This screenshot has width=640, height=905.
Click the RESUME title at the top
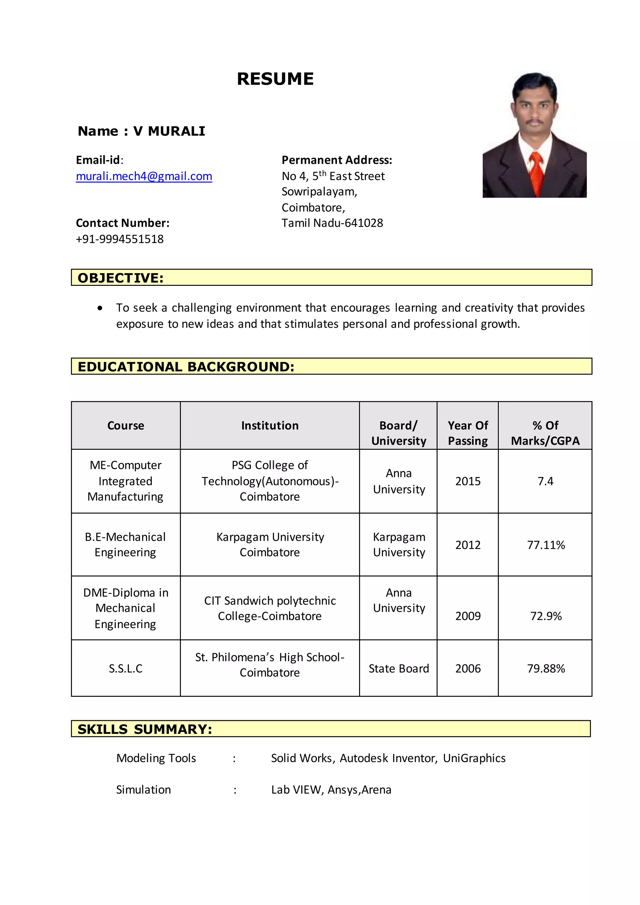coord(275,79)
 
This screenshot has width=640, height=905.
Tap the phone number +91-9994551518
coord(119,239)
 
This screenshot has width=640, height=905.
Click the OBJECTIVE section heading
coord(120,278)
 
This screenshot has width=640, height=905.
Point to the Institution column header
coord(270,426)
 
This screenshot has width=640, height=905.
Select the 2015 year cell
coord(468,481)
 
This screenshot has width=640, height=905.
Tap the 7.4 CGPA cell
coord(545,481)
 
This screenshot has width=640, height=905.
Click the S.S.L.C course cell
coord(125,668)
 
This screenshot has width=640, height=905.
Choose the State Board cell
coord(398,668)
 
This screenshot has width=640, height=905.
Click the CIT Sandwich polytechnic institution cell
coord(270,608)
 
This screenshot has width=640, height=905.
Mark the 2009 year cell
coord(468,616)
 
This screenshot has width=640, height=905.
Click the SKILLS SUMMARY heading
coord(145,729)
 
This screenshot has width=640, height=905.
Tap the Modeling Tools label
coord(156,758)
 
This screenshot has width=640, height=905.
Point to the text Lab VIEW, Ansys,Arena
coord(331,790)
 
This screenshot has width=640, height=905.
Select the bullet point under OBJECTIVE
coord(100,308)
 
